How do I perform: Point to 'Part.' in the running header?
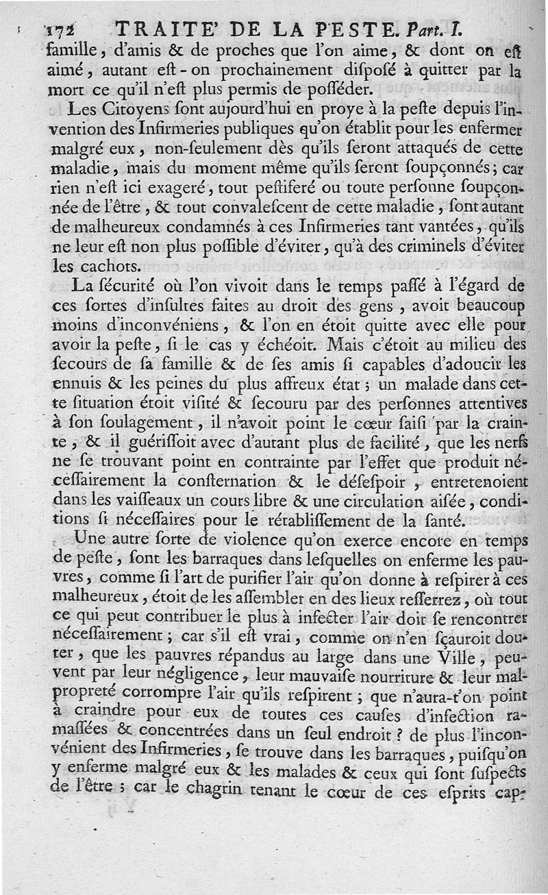tap(424, 29)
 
